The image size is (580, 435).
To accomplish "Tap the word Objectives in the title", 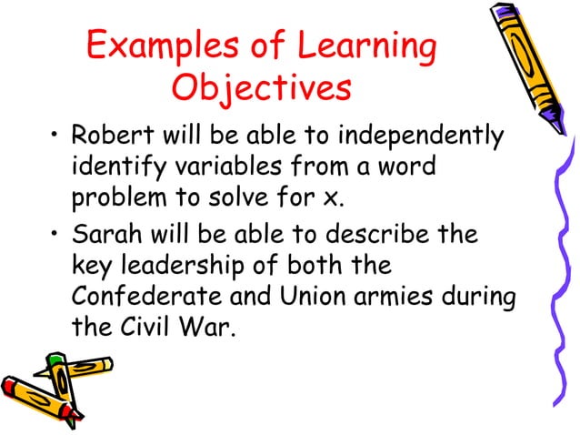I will (260, 90).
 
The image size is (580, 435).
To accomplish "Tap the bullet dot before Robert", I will (55, 139).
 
